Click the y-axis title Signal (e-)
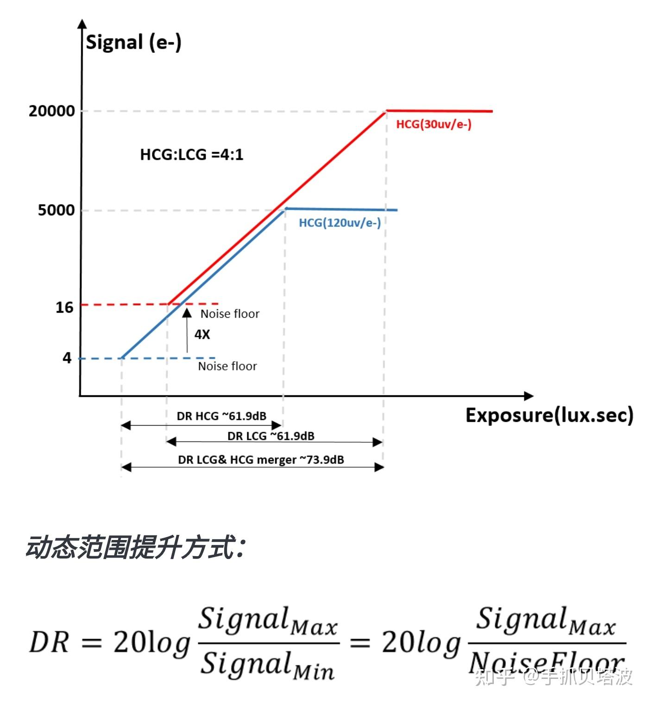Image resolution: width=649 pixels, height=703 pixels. [133, 43]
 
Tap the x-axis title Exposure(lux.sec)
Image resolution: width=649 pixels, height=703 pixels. [549, 415]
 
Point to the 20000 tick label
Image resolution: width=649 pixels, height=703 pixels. [51, 111]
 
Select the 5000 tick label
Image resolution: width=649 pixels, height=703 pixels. [56, 210]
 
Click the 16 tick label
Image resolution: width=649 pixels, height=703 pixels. [64, 308]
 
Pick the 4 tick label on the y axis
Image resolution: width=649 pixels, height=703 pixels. [67, 358]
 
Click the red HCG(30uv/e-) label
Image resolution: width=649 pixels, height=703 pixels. [434, 124]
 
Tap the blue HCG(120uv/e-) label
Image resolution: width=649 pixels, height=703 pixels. [340, 223]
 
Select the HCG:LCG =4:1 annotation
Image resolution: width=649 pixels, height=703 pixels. [191, 154]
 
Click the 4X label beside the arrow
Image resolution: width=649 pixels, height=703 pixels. [202, 334]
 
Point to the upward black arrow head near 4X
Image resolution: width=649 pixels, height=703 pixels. [187, 313]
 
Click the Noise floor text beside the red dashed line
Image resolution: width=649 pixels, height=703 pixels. [230, 314]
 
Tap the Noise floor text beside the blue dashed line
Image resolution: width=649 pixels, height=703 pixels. [227, 366]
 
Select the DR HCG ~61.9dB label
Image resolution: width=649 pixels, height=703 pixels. [221, 416]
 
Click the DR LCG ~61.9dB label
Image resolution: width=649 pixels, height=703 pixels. [271, 436]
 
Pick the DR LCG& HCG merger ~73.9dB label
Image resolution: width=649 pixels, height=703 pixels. [261, 460]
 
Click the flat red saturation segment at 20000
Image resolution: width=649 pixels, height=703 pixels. [439, 111]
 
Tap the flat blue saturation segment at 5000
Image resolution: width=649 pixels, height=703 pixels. [341, 209]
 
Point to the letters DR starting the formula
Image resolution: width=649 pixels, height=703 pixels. [49, 643]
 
